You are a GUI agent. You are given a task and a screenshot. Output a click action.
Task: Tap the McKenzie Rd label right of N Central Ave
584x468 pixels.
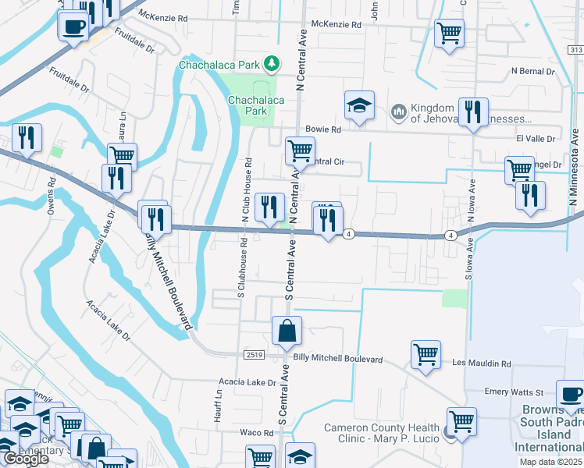[337, 25]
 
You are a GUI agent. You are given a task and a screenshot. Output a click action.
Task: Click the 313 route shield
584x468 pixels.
[575, 50]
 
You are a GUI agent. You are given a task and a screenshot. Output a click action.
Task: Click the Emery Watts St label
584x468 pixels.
[512, 392]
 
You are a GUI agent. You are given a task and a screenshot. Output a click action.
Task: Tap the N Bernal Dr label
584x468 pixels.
[532, 71]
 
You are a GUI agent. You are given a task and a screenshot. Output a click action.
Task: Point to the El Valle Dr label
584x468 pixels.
[535, 139]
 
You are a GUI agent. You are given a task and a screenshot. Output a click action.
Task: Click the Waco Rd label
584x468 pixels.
[255, 432]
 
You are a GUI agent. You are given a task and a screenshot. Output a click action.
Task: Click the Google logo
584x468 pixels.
[26, 459]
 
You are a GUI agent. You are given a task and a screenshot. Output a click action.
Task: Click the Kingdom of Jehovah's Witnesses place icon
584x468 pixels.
[399, 113]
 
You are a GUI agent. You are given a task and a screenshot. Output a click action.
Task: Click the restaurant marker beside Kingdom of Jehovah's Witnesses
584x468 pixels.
[473, 113]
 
